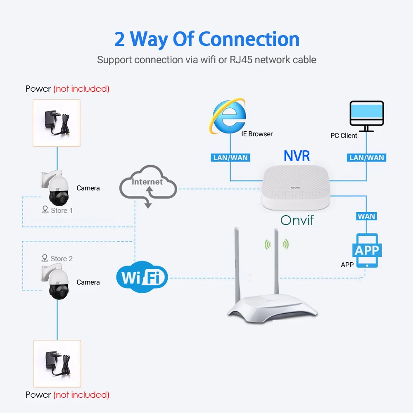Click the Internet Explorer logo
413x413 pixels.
228,116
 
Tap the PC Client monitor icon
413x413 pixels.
366,116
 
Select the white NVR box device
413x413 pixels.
296,187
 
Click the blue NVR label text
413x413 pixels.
297,156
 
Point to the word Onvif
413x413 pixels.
297,220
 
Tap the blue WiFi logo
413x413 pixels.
142,277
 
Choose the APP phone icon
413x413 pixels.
367,251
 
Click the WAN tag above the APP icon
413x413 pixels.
366,216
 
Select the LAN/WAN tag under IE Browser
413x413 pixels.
230,157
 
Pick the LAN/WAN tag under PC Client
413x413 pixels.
366,157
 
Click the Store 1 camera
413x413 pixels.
56,188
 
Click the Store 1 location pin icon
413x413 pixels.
45,209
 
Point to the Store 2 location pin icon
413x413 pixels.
45,258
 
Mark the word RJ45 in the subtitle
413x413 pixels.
241,60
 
